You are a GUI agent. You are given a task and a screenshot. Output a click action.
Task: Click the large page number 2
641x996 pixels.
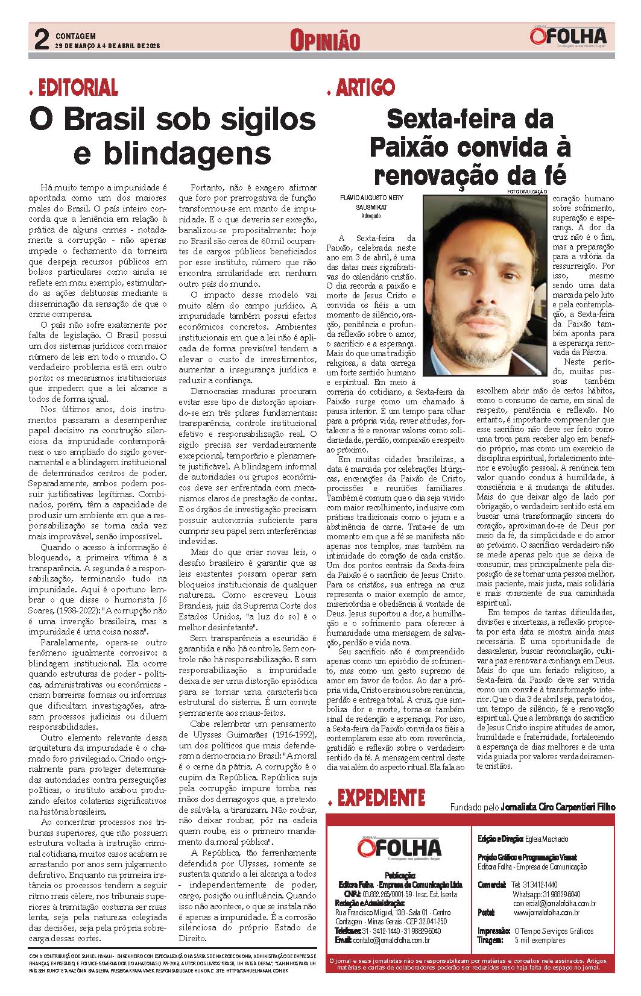pos(41,40)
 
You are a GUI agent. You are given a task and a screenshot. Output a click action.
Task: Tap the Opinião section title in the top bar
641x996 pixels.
pos(324,40)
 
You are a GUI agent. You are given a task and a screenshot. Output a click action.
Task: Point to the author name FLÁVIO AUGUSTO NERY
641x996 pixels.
pos(372,198)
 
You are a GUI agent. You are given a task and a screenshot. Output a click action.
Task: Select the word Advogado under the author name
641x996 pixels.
pos(372,215)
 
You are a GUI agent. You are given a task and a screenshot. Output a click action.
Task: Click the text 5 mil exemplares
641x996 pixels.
pos(540,940)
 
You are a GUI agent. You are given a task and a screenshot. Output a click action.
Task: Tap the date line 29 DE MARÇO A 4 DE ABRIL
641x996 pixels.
pos(110,46)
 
